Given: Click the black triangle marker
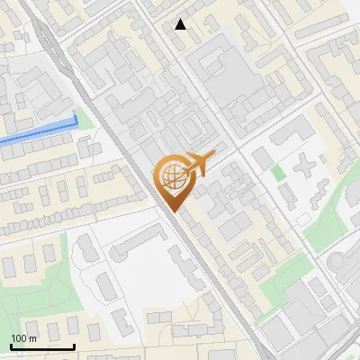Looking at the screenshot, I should pyautogui.click(x=181, y=24).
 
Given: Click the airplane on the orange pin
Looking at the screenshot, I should pyautogui.click(x=199, y=162).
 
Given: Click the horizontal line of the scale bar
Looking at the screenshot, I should pyautogui.click(x=42, y=346).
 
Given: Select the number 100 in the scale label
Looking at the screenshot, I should pyautogui.click(x=19, y=338).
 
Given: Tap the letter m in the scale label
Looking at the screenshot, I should pyautogui.click(x=32, y=338).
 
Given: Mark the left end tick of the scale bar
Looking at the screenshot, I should pyautogui.click(x=11, y=345).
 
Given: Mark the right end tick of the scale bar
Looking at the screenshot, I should pyautogui.click(x=74, y=345).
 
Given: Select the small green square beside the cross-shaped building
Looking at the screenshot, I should pyautogui.click(x=278, y=172).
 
